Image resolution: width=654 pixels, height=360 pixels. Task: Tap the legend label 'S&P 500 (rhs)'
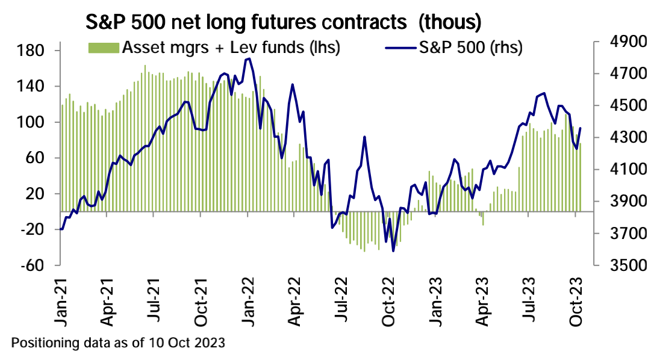(x=470, y=47)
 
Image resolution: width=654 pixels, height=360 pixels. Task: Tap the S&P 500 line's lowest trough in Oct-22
(x=393, y=251)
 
